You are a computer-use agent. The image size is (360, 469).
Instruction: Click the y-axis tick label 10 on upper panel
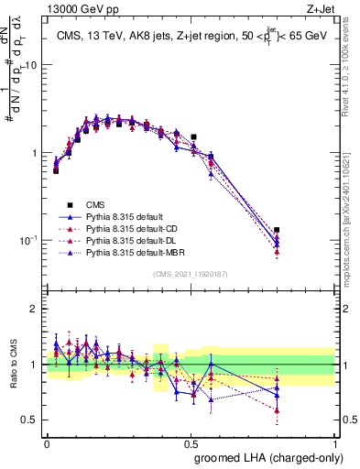pyautogui.click(x=30, y=66)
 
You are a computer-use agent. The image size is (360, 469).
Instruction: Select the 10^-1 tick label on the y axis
pyautogui.click(x=28, y=239)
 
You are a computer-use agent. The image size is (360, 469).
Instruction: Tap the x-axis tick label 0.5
pyautogui.click(x=191, y=442)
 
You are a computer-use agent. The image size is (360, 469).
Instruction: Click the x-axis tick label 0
pyautogui.click(x=47, y=442)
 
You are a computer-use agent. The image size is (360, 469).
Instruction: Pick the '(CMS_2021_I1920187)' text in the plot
pyautogui.click(x=191, y=274)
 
